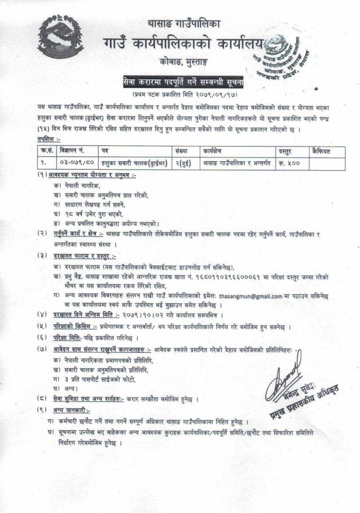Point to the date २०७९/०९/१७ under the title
tap(213, 94)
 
